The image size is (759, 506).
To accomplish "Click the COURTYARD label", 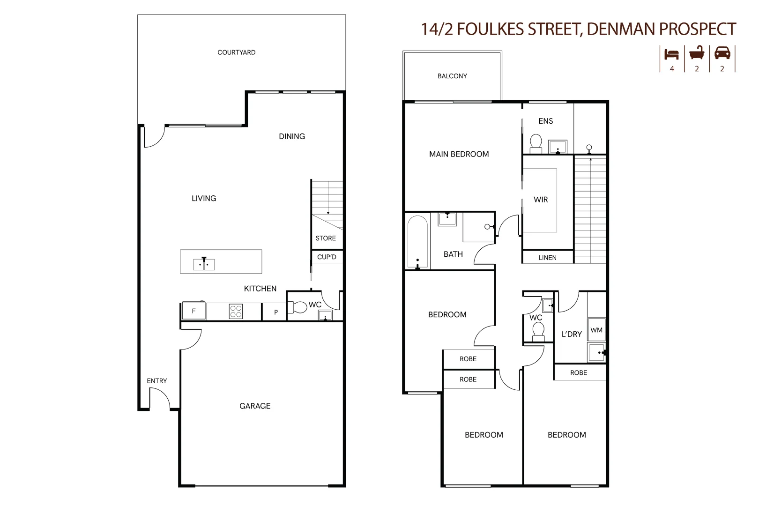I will (236, 52).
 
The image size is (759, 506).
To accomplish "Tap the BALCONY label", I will (452, 76).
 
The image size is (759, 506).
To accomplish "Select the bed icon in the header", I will (671, 54).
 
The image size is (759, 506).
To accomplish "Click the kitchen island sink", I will (204, 264).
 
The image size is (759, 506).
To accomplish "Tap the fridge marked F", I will (193, 311).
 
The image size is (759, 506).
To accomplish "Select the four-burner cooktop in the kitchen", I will (236, 312).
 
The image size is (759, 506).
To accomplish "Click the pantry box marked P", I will (275, 312).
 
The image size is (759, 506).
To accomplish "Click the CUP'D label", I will (327, 257).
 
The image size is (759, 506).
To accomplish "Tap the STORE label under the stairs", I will (326, 238).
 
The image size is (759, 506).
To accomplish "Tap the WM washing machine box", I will (596, 330).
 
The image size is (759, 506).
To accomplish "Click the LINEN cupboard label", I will (547, 258).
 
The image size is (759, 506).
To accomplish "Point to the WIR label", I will (541, 200).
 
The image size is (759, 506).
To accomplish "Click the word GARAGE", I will (255, 406).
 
